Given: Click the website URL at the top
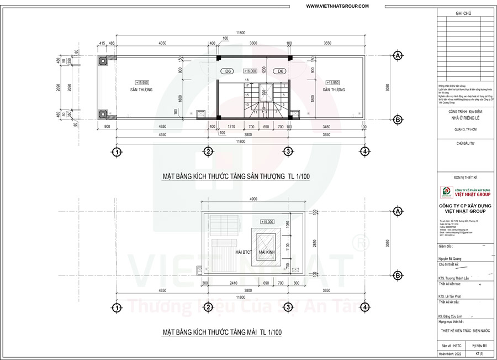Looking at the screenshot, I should [x=337, y=6].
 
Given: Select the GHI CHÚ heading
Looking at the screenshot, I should [x=466, y=13].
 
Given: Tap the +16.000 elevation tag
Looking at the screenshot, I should [x=250, y=71].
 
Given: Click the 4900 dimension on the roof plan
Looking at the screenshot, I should [x=253, y=199].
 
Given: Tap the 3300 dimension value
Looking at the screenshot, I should [x=253, y=43].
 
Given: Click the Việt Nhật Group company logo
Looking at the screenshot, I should [x=445, y=192].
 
